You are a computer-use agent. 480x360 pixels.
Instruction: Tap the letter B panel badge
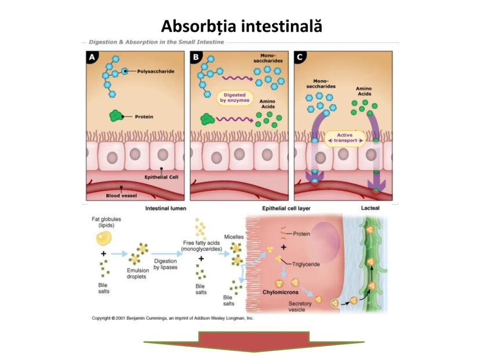point(197,57)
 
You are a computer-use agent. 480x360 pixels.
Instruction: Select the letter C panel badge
point(300,57)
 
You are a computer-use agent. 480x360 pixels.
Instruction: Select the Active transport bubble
point(344,137)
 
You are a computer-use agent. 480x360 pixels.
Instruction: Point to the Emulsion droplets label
point(138,274)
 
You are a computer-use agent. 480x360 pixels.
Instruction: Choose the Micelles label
point(234,237)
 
